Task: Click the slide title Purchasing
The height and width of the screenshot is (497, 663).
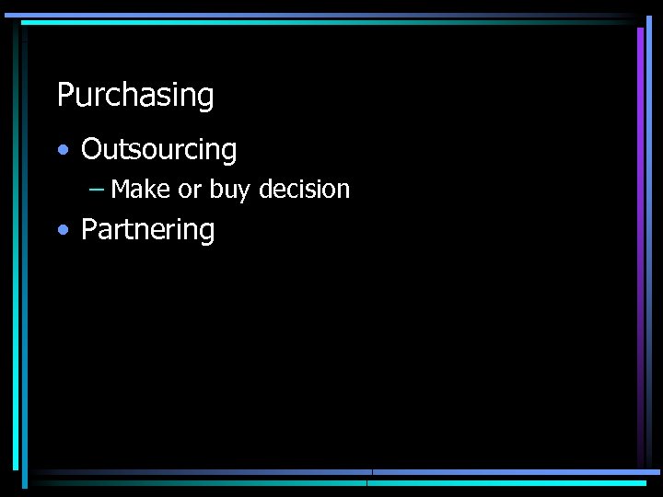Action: tap(135, 96)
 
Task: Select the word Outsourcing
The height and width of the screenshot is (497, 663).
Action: tap(158, 150)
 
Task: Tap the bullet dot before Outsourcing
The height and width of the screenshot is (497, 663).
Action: tap(62, 150)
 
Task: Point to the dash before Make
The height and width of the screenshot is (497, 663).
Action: tap(97, 190)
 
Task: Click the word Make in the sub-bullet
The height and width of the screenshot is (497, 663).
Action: tap(140, 190)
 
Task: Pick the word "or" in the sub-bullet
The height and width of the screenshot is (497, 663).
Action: tap(190, 191)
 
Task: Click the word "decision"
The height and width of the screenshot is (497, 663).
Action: tap(304, 190)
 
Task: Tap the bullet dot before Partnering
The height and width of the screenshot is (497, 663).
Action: tap(62, 230)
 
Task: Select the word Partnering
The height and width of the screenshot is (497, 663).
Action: tap(147, 230)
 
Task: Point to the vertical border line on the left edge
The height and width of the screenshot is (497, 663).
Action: tap(16, 248)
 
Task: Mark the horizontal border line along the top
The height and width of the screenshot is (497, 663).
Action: tap(322, 16)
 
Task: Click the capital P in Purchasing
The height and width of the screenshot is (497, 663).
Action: tap(64, 95)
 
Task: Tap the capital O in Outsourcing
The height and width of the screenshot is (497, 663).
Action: tap(91, 149)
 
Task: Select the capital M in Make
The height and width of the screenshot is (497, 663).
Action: tap(121, 190)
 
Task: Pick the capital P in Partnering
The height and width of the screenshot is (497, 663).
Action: tap(89, 229)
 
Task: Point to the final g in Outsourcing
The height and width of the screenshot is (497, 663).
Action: tap(229, 153)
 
